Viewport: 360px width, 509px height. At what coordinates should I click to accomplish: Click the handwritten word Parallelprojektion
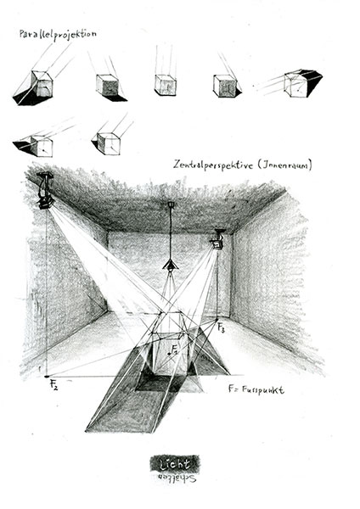pyautogui.click(x=58, y=35)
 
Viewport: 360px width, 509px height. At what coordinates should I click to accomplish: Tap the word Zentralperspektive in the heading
pyautogui.click(x=213, y=165)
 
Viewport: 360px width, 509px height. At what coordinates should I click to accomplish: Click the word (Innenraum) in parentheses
pyautogui.click(x=285, y=165)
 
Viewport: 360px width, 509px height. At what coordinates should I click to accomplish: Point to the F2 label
pyautogui.click(x=54, y=384)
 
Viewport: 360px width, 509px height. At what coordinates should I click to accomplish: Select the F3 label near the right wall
pyautogui.click(x=221, y=327)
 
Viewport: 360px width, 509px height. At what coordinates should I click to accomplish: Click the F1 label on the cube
pyautogui.click(x=174, y=350)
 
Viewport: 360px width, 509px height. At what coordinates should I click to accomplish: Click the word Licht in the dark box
pyautogui.click(x=175, y=464)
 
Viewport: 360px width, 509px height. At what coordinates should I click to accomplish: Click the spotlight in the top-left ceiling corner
pyautogui.click(x=45, y=191)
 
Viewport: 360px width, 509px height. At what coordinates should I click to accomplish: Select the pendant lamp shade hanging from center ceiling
pyautogui.click(x=171, y=266)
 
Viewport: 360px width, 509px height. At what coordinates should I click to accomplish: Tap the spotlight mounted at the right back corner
pyautogui.click(x=218, y=239)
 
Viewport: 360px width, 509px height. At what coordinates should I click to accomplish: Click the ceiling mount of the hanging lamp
pyautogui.click(x=171, y=204)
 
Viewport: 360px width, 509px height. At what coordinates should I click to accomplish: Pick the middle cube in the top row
pyautogui.click(x=166, y=85)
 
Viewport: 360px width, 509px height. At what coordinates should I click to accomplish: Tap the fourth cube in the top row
pyautogui.click(x=224, y=86)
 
